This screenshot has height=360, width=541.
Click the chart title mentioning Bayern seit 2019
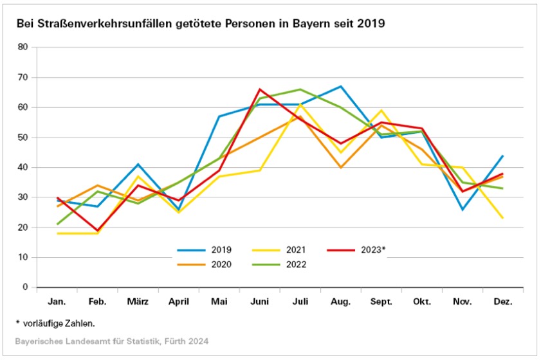click(201, 24)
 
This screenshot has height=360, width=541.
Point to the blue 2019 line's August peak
click(341, 86)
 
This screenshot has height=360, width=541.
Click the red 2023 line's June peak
click(260, 89)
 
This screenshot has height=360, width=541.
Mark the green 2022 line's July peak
click(300, 89)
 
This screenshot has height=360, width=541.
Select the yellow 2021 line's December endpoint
click(503, 218)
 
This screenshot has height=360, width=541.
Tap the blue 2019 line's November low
click(463, 209)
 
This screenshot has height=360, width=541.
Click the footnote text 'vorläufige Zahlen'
click(60, 322)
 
